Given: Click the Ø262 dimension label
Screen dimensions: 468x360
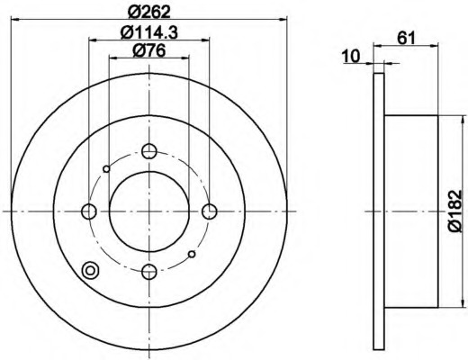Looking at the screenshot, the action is coord(148,12).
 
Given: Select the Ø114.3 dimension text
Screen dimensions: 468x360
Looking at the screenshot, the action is coord(148,32).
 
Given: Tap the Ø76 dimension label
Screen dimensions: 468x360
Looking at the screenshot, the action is coord(148,50).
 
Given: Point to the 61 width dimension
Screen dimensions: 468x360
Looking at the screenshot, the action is coord(406,38).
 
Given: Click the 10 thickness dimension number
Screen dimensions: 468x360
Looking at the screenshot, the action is coord(351,56).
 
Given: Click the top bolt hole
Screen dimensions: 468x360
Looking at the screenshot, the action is coord(149,151).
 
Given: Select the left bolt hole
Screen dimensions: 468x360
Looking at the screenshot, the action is coord(89,211).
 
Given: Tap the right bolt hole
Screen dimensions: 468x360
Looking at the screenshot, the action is coord(210,211).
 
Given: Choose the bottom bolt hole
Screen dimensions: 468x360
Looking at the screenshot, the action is coord(149,272).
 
